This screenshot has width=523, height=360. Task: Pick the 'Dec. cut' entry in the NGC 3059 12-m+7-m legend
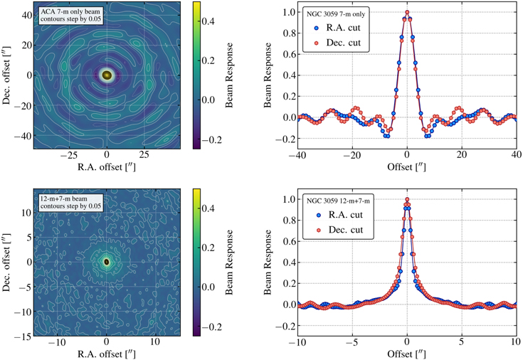347,230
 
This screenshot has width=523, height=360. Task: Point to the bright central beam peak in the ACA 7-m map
107,74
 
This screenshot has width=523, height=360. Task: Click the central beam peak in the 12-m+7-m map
107,262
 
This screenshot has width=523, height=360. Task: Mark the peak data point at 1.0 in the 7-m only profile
406,12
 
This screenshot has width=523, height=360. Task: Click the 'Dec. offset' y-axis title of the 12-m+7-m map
6,262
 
